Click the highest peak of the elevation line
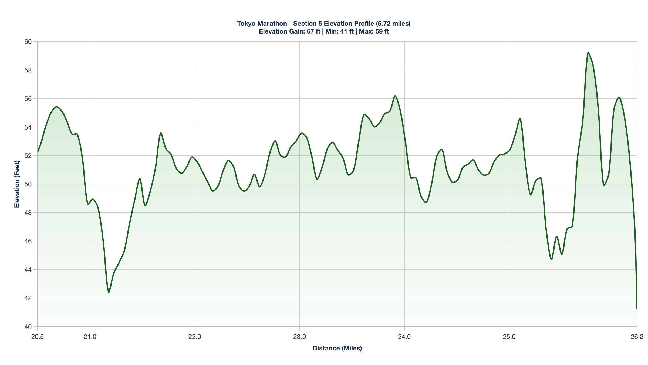588,53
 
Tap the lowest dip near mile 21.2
109,292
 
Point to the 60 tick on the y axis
28,42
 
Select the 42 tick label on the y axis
28,298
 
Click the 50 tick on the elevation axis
28,184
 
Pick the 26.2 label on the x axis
637,337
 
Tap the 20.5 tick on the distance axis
38,337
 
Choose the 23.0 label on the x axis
300,337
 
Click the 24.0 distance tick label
404,337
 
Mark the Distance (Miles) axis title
337,348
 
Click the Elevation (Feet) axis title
17,184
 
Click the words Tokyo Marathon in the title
262,24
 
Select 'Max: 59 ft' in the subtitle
374,31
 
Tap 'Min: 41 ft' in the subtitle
339,31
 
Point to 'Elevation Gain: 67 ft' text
289,31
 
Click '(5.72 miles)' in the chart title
393,24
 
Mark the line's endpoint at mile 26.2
637,309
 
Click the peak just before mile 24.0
395,96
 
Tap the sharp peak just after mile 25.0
520,118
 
